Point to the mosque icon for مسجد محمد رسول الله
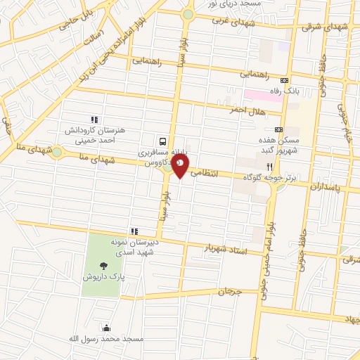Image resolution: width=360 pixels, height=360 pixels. point(105,327)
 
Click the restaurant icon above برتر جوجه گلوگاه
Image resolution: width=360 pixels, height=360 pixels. point(269,167)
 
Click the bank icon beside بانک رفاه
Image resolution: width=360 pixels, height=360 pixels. point(283,79)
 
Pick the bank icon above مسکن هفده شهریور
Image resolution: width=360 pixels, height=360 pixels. point(279,129)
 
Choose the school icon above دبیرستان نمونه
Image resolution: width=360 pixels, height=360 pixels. point(134,231)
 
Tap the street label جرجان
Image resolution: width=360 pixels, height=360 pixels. point(229,290)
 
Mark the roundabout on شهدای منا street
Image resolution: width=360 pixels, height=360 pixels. point(56,152)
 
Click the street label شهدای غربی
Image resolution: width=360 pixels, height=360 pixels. point(231,21)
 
